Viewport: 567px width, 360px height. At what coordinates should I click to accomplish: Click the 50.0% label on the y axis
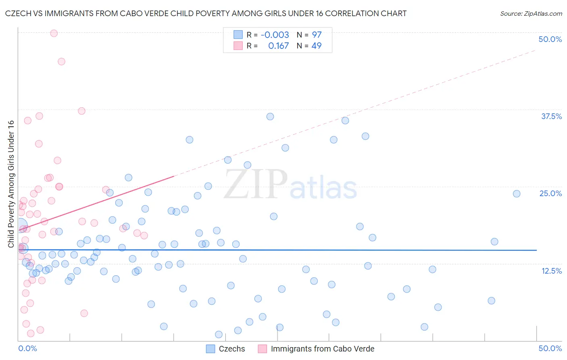(x=550, y=39)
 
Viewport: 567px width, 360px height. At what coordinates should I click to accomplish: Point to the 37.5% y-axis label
(x=551, y=116)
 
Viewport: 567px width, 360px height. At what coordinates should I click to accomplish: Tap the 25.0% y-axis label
(x=550, y=193)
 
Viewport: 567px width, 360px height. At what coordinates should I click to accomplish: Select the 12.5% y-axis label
(x=551, y=271)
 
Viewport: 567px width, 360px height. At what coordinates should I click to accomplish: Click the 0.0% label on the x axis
(x=27, y=348)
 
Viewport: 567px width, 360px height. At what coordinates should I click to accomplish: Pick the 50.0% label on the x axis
(x=550, y=348)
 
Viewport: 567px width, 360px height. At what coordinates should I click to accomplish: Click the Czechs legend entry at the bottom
(x=231, y=349)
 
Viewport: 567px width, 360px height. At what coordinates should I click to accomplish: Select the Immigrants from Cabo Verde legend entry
(x=322, y=349)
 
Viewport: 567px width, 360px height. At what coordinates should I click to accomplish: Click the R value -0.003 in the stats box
(x=275, y=35)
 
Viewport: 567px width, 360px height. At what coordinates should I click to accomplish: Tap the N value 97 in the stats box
(x=317, y=35)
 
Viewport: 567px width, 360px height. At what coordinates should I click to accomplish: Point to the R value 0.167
(x=278, y=46)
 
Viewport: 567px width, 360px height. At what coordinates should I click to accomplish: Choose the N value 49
(x=317, y=46)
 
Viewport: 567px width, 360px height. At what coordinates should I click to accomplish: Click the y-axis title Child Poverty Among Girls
(x=11, y=184)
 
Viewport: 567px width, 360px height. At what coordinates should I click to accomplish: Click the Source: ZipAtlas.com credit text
(x=531, y=14)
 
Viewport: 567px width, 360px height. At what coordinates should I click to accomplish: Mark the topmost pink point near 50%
(x=54, y=33)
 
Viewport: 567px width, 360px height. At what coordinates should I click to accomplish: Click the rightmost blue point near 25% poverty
(x=517, y=194)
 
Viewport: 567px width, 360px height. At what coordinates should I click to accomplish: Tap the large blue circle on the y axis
(x=20, y=225)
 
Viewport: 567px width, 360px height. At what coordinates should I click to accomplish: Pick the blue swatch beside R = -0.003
(x=238, y=35)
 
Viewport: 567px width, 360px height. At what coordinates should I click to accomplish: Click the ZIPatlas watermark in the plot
(x=290, y=185)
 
